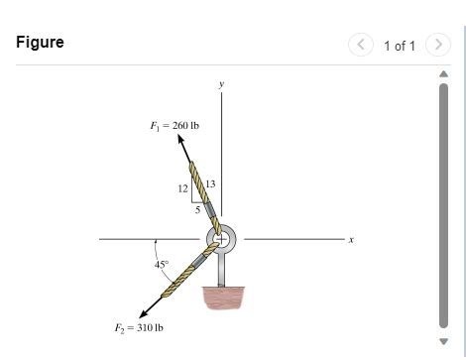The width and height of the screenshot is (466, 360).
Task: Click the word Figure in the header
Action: pyautogui.click(x=40, y=43)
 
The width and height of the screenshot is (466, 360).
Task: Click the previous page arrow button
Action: pyautogui.click(x=363, y=45)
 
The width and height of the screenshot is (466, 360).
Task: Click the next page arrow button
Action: pyautogui.click(x=437, y=45)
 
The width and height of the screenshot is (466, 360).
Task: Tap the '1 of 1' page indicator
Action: pyautogui.click(x=400, y=46)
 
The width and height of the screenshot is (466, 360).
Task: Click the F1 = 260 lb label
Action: pyautogui.click(x=174, y=125)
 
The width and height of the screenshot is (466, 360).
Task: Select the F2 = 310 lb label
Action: pyautogui.click(x=139, y=327)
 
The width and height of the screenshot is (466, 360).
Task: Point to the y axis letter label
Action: pyautogui.click(x=221, y=84)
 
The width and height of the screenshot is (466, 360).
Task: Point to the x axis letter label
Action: pyautogui.click(x=351, y=239)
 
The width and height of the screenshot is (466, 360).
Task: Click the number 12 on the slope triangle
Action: pyautogui.click(x=183, y=187)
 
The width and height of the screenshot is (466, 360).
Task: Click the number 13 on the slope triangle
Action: pyautogui.click(x=211, y=183)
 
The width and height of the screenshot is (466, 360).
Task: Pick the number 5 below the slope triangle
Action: pyautogui.click(x=196, y=208)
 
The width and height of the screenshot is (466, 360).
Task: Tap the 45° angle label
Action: pyautogui.click(x=162, y=265)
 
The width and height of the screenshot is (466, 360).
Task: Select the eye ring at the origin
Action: pyautogui.click(x=221, y=239)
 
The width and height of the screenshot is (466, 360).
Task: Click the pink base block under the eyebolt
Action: pyautogui.click(x=222, y=298)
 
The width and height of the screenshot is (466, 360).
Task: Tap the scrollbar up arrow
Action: pyautogui.click(x=443, y=73)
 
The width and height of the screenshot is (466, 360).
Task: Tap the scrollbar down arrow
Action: pyautogui.click(x=443, y=342)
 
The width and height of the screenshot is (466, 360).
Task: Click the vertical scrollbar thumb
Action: pyautogui.click(x=443, y=203)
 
